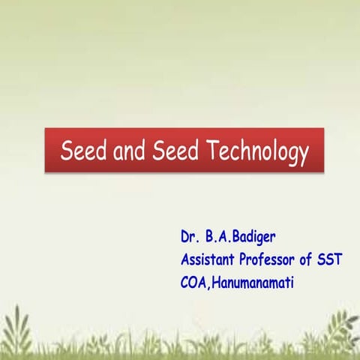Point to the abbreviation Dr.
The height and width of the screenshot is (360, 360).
188,237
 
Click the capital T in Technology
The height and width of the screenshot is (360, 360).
209,150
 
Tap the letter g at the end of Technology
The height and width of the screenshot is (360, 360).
289,154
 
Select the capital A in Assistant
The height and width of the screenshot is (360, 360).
184,260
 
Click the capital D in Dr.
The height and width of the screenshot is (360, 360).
184,237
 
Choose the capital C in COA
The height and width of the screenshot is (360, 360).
184,283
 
